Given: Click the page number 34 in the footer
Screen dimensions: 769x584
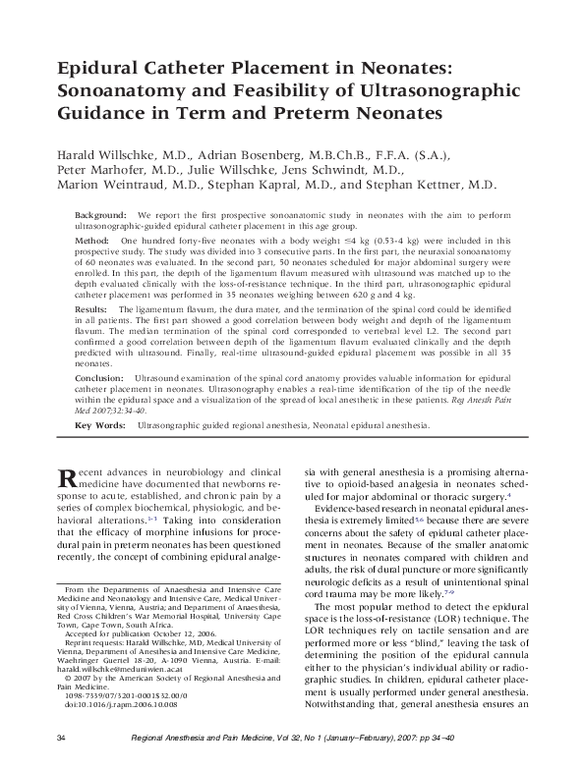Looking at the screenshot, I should click(61, 738).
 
